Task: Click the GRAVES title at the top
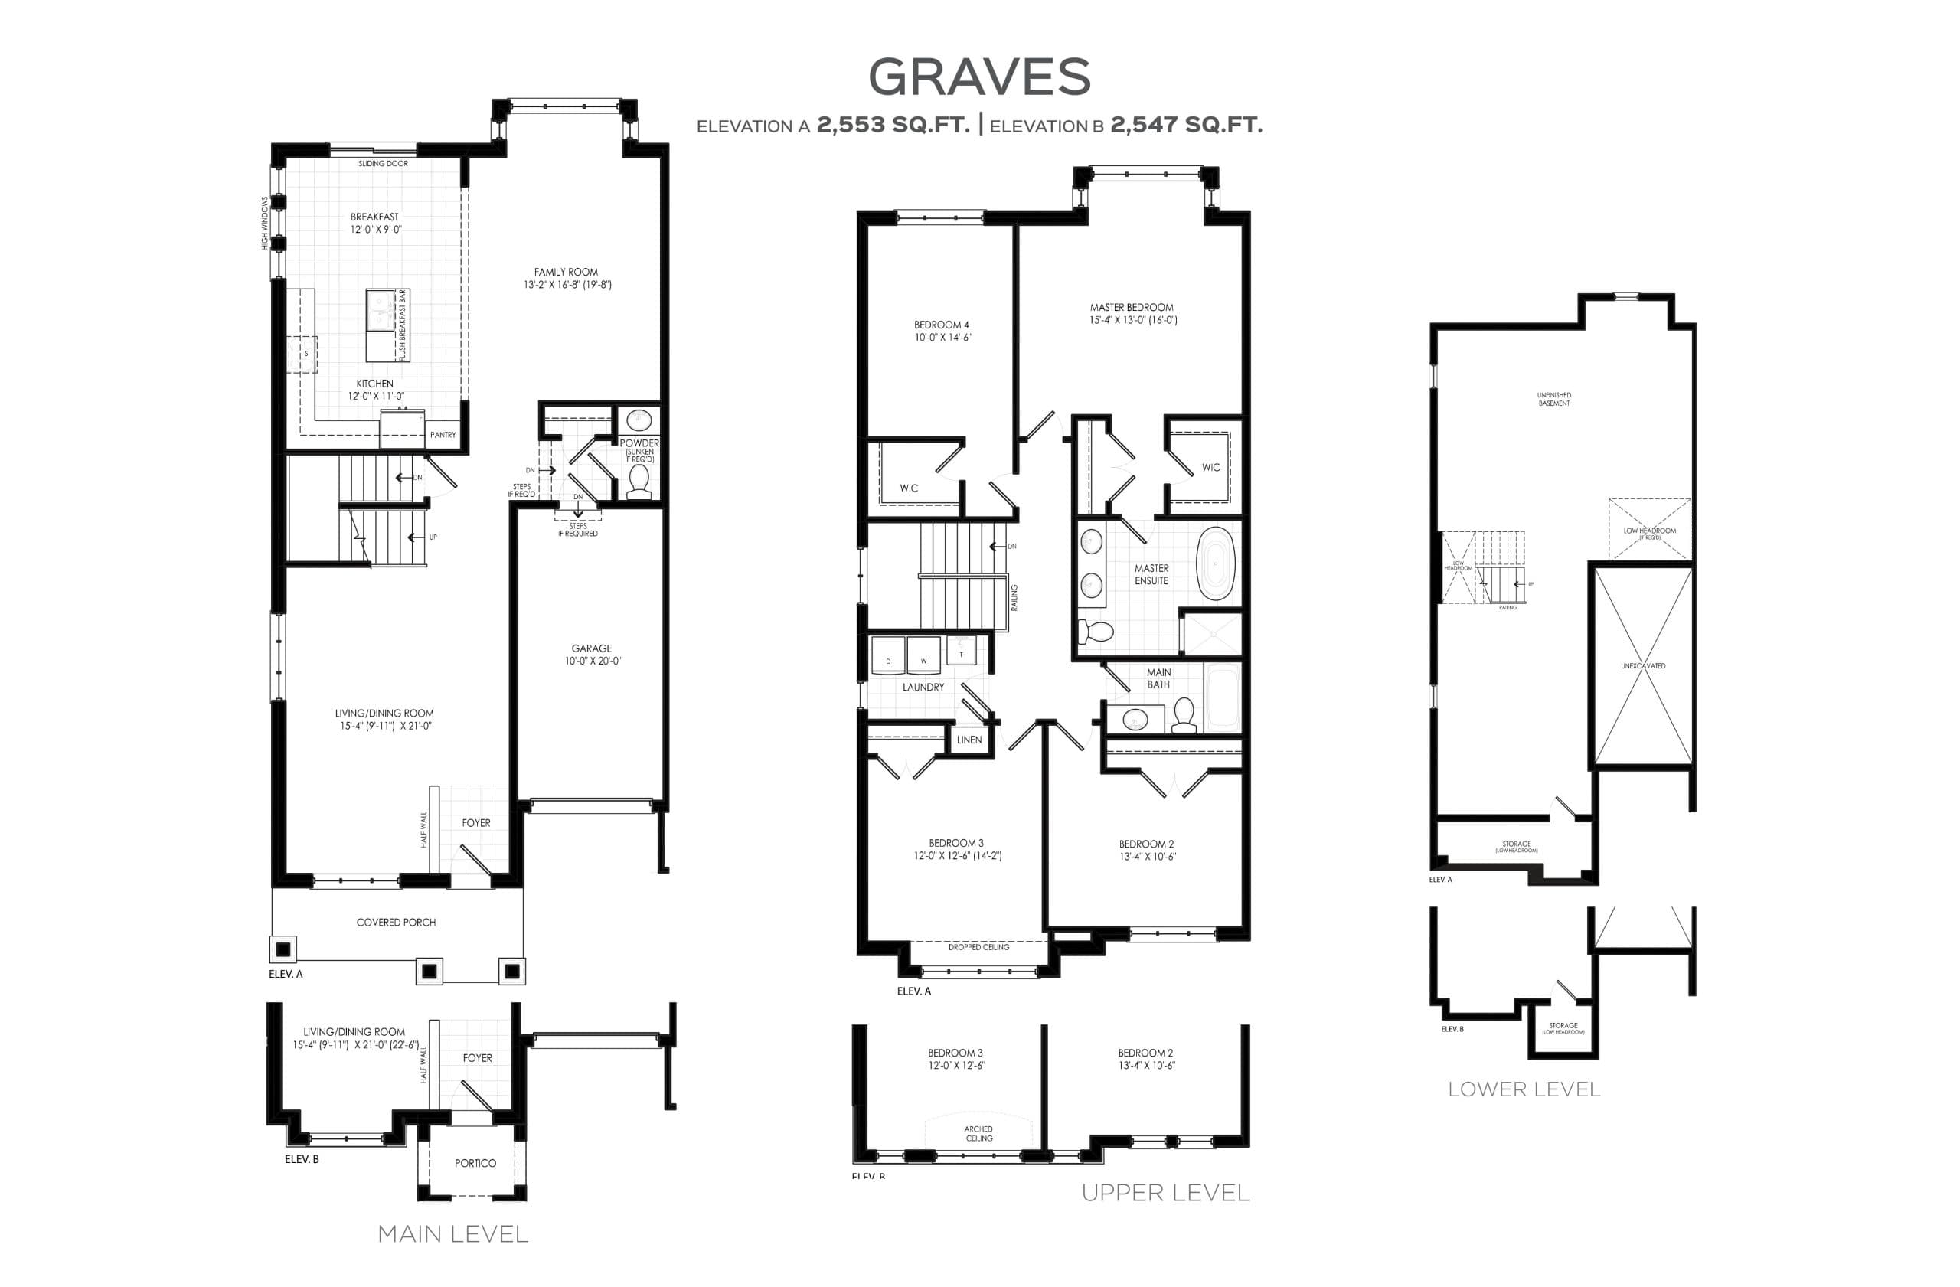point(979,77)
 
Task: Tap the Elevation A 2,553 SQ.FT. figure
point(893,125)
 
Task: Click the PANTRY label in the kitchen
point(443,435)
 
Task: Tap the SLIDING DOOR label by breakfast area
point(383,164)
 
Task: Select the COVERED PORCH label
point(396,923)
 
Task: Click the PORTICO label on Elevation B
point(475,1163)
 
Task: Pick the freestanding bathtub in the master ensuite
point(1216,563)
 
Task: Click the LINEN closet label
point(969,740)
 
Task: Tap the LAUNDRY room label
point(923,687)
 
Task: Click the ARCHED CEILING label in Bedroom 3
point(978,1133)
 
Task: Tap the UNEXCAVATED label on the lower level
point(1643,665)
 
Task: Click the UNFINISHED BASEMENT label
point(1554,399)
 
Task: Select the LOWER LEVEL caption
point(1524,1089)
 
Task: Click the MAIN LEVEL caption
point(452,1233)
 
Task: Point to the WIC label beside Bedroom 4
point(908,488)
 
